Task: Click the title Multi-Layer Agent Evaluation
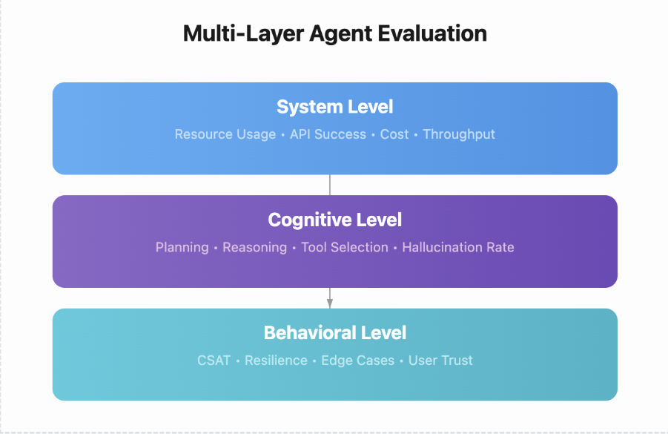point(334,34)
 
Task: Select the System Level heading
point(334,107)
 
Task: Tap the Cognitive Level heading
point(334,220)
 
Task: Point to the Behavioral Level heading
point(334,332)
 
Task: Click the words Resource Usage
point(225,134)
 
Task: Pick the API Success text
point(328,134)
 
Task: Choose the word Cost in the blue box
point(394,134)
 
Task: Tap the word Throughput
point(459,134)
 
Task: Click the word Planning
point(182,247)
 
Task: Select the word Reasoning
point(254,247)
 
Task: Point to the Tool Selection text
point(344,247)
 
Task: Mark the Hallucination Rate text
point(457,247)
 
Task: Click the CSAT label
point(214,361)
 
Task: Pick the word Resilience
point(276,361)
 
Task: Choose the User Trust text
point(440,361)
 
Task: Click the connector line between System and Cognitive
point(330,185)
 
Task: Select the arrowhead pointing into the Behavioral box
point(330,303)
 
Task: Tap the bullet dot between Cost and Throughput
point(416,135)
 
